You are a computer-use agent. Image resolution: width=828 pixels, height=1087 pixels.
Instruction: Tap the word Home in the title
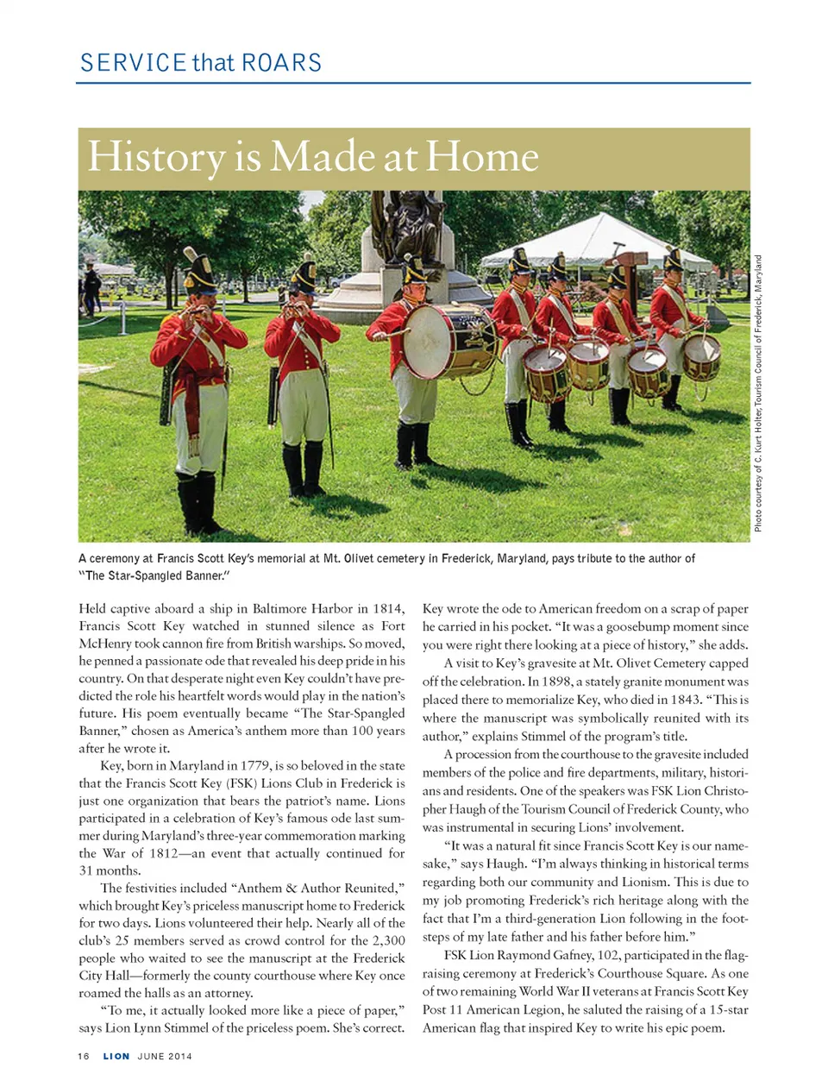[x=482, y=158]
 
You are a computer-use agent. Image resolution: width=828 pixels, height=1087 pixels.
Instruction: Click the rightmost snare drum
[x=701, y=357]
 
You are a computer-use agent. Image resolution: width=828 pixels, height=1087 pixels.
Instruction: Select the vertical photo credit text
[x=758, y=393]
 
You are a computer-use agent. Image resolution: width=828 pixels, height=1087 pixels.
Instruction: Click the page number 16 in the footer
[x=83, y=1056]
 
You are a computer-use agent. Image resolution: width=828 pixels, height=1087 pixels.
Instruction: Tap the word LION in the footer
[x=116, y=1056]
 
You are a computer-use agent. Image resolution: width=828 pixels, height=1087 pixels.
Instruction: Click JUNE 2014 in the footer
[x=165, y=1056]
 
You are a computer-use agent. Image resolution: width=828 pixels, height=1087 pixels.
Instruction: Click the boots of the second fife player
[x=304, y=470]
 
